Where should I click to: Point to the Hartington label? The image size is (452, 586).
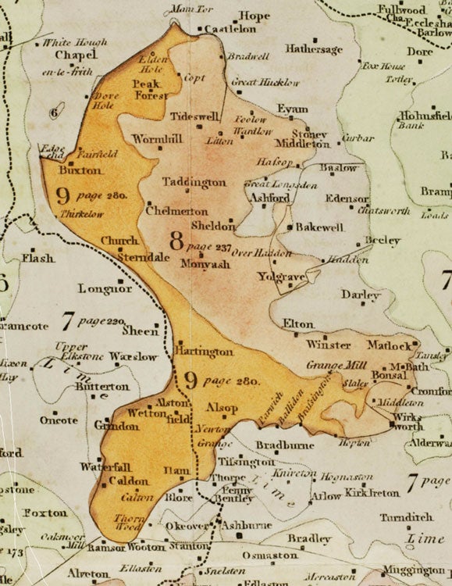[206, 352]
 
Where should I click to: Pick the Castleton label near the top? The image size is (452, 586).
[228, 29]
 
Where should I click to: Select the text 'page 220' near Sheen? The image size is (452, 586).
[105, 321]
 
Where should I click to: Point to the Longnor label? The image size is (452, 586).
[105, 289]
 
